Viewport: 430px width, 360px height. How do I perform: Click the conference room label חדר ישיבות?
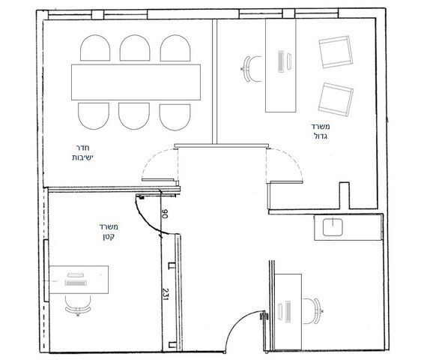pyautogui.click(x=83, y=153)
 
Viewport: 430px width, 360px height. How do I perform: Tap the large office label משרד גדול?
pyautogui.click(x=320, y=131)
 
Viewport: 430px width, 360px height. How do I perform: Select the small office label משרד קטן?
pyautogui.click(x=109, y=232)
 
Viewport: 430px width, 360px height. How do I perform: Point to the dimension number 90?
pyautogui.click(x=164, y=214)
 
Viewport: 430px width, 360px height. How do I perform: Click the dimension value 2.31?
pyautogui.click(x=166, y=294)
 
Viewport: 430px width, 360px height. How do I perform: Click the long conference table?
pyautogui.click(x=136, y=82)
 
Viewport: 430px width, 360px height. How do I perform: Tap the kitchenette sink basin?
pyautogui.click(x=333, y=227)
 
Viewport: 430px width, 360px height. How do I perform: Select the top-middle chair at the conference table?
pyautogui.click(x=135, y=48)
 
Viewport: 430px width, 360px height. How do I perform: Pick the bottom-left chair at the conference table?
pyautogui.click(x=94, y=116)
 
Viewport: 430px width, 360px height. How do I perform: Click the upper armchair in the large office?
pyautogui.click(x=335, y=52)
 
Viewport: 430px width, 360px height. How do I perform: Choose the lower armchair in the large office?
pyautogui.click(x=336, y=100)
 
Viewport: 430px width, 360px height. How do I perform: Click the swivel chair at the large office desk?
pyautogui.click(x=252, y=69)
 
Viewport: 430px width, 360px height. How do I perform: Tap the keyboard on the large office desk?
pyautogui.click(x=280, y=61)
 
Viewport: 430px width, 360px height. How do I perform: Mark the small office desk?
pyautogui.click(x=79, y=280)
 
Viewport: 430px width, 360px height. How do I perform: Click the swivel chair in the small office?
pyautogui.click(x=78, y=305)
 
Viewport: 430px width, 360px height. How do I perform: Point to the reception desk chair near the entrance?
pyautogui.click(x=312, y=310)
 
